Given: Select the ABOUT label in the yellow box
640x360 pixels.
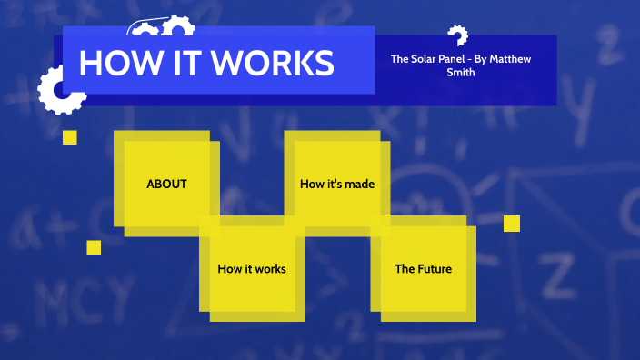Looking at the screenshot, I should tap(166, 184).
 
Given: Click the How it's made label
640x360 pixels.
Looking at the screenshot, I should tap(337, 184).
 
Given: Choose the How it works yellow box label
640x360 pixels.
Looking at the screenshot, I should tap(252, 269).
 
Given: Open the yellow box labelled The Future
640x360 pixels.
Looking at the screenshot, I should tap(423, 269).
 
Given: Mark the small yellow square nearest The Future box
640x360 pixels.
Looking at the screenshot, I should tap(512, 224).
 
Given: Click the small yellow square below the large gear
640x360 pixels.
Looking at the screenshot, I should tap(70, 137).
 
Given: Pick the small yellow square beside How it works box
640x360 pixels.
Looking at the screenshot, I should tap(94, 247).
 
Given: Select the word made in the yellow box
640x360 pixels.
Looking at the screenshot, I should tap(361, 184).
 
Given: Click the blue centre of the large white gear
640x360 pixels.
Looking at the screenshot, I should tap(61, 91).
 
